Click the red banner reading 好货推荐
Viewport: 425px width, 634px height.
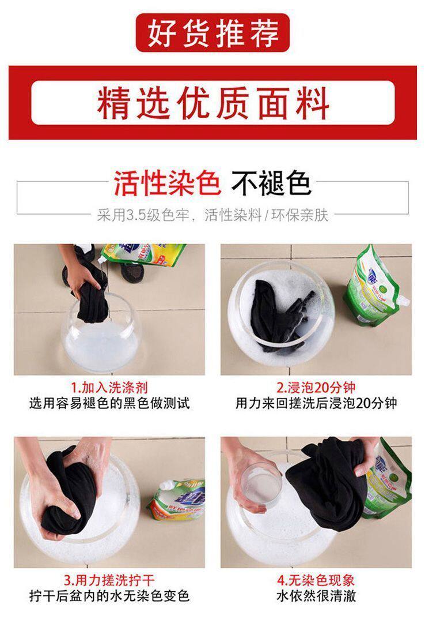212,33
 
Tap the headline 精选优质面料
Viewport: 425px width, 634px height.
212,103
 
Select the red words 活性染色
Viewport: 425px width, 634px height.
168,183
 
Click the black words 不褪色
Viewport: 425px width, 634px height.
271,183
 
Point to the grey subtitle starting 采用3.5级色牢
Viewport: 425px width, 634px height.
212,215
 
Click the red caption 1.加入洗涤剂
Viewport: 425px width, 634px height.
109,387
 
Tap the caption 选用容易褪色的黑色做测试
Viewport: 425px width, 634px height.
109,403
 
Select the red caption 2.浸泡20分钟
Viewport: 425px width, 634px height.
316,387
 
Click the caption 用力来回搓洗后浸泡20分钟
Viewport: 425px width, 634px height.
316,403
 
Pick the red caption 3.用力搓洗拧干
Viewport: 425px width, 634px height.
109,580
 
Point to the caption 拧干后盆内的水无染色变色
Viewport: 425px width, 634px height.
109,596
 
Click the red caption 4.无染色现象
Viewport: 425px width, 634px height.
316,580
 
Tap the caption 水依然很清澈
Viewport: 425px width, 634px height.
316,596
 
